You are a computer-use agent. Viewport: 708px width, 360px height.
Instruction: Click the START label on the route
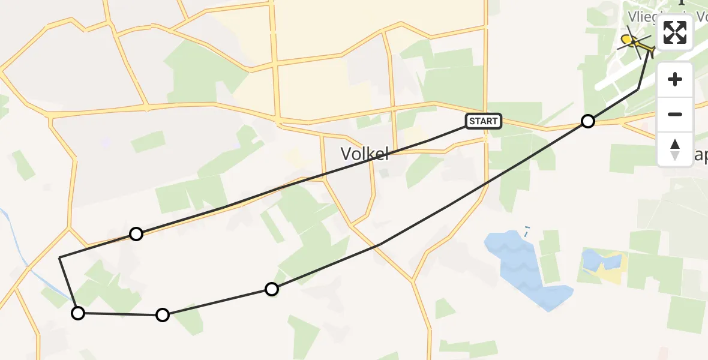[483, 121]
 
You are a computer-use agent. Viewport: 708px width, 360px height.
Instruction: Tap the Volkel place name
[365, 154]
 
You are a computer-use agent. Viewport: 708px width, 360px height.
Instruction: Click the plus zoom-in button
[675, 80]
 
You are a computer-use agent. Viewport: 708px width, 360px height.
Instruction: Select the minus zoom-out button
[675, 114]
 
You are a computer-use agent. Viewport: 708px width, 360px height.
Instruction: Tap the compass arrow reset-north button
[675, 149]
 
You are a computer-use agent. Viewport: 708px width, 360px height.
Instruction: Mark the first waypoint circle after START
[136, 234]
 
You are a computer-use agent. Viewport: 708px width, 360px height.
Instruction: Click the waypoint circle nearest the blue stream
[78, 313]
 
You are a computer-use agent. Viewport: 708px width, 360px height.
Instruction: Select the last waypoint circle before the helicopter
[588, 121]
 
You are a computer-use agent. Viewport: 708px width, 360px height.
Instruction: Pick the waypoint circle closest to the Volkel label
[272, 289]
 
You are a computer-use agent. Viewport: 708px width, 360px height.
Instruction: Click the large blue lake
[522, 264]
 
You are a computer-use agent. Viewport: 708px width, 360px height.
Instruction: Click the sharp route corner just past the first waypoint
[60, 257]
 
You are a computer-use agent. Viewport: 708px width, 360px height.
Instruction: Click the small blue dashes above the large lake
[527, 230]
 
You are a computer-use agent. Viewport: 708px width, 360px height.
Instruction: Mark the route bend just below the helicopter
[638, 89]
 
